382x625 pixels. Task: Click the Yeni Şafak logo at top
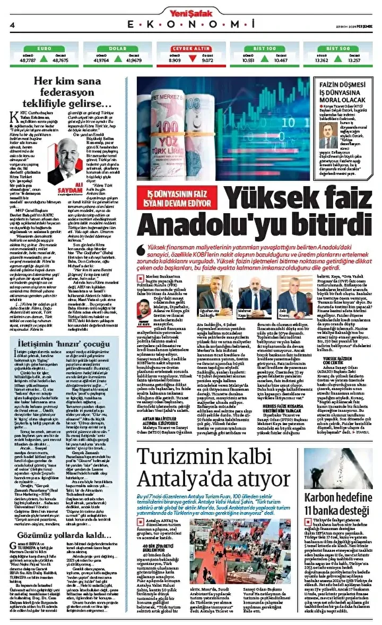pyautogui.click(x=190, y=10)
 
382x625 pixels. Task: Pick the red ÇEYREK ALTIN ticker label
pyautogui.click(x=190, y=48)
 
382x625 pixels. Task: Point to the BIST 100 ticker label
pyautogui.click(x=264, y=48)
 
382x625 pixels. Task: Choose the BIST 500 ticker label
pyautogui.click(x=337, y=48)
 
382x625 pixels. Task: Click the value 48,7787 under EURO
pyautogui.click(x=28, y=60)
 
